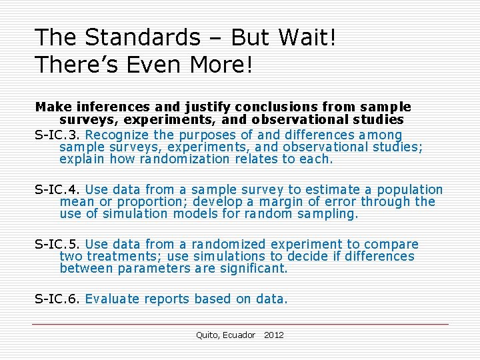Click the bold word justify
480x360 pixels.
[185, 107]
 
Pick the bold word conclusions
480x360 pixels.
[266, 107]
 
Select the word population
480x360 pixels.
[410, 190]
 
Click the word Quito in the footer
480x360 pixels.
[207, 335]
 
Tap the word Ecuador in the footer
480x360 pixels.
[239, 335]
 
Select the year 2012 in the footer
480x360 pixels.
[273, 335]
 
